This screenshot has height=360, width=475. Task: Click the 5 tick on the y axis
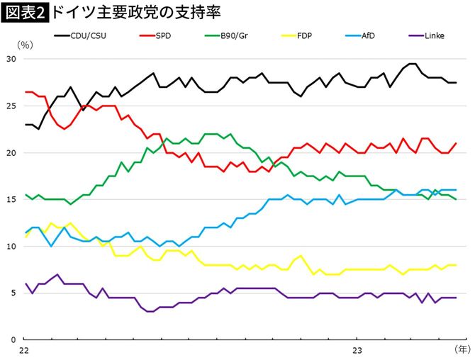click(13, 293)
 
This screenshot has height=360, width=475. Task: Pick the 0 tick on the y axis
click(13, 339)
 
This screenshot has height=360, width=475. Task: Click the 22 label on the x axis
click(24, 350)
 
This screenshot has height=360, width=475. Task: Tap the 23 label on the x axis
click(357, 350)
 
